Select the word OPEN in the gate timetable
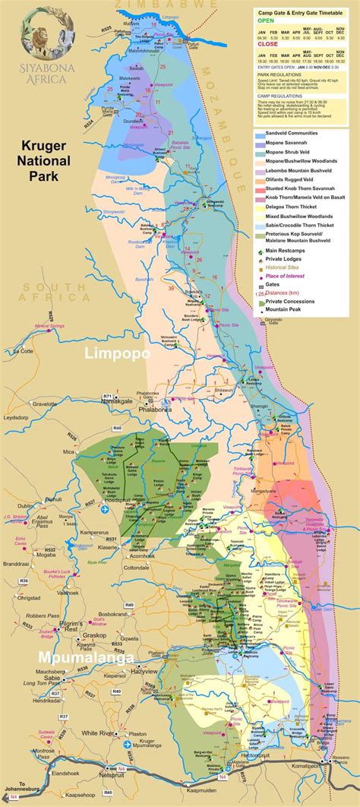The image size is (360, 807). pos(265,22)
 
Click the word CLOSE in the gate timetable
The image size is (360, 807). pos(267,44)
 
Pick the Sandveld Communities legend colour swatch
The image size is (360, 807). pos(258,132)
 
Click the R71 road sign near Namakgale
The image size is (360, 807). pos(107,397)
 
